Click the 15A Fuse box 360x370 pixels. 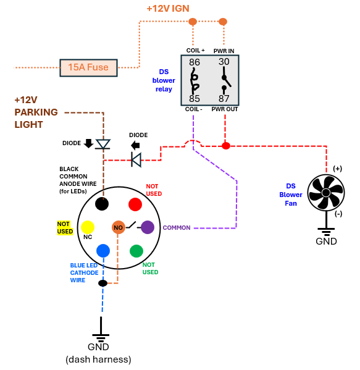point(88,68)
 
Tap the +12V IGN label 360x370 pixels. point(168,9)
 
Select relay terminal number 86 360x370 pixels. point(195,62)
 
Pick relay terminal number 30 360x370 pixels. point(224,62)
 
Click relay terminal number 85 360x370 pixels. point(195,99)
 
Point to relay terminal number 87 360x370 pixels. point(224,99)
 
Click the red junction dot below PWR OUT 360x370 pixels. point(226,146)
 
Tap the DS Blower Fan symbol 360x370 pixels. point(326,193)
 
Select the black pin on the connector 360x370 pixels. point(102,204)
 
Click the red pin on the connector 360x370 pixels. point(135,204)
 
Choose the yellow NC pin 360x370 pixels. point(88,227)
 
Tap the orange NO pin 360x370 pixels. point(118,227)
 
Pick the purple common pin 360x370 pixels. point(148,227)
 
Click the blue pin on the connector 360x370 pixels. point(103,251)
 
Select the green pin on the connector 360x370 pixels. point(136,251)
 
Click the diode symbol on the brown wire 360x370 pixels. point(103,144)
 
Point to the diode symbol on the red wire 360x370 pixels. point(136,160)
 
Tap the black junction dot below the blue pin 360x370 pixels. point(103,283)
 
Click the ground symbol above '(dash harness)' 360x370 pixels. point(101,330)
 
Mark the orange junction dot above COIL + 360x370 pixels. point(193,22)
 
